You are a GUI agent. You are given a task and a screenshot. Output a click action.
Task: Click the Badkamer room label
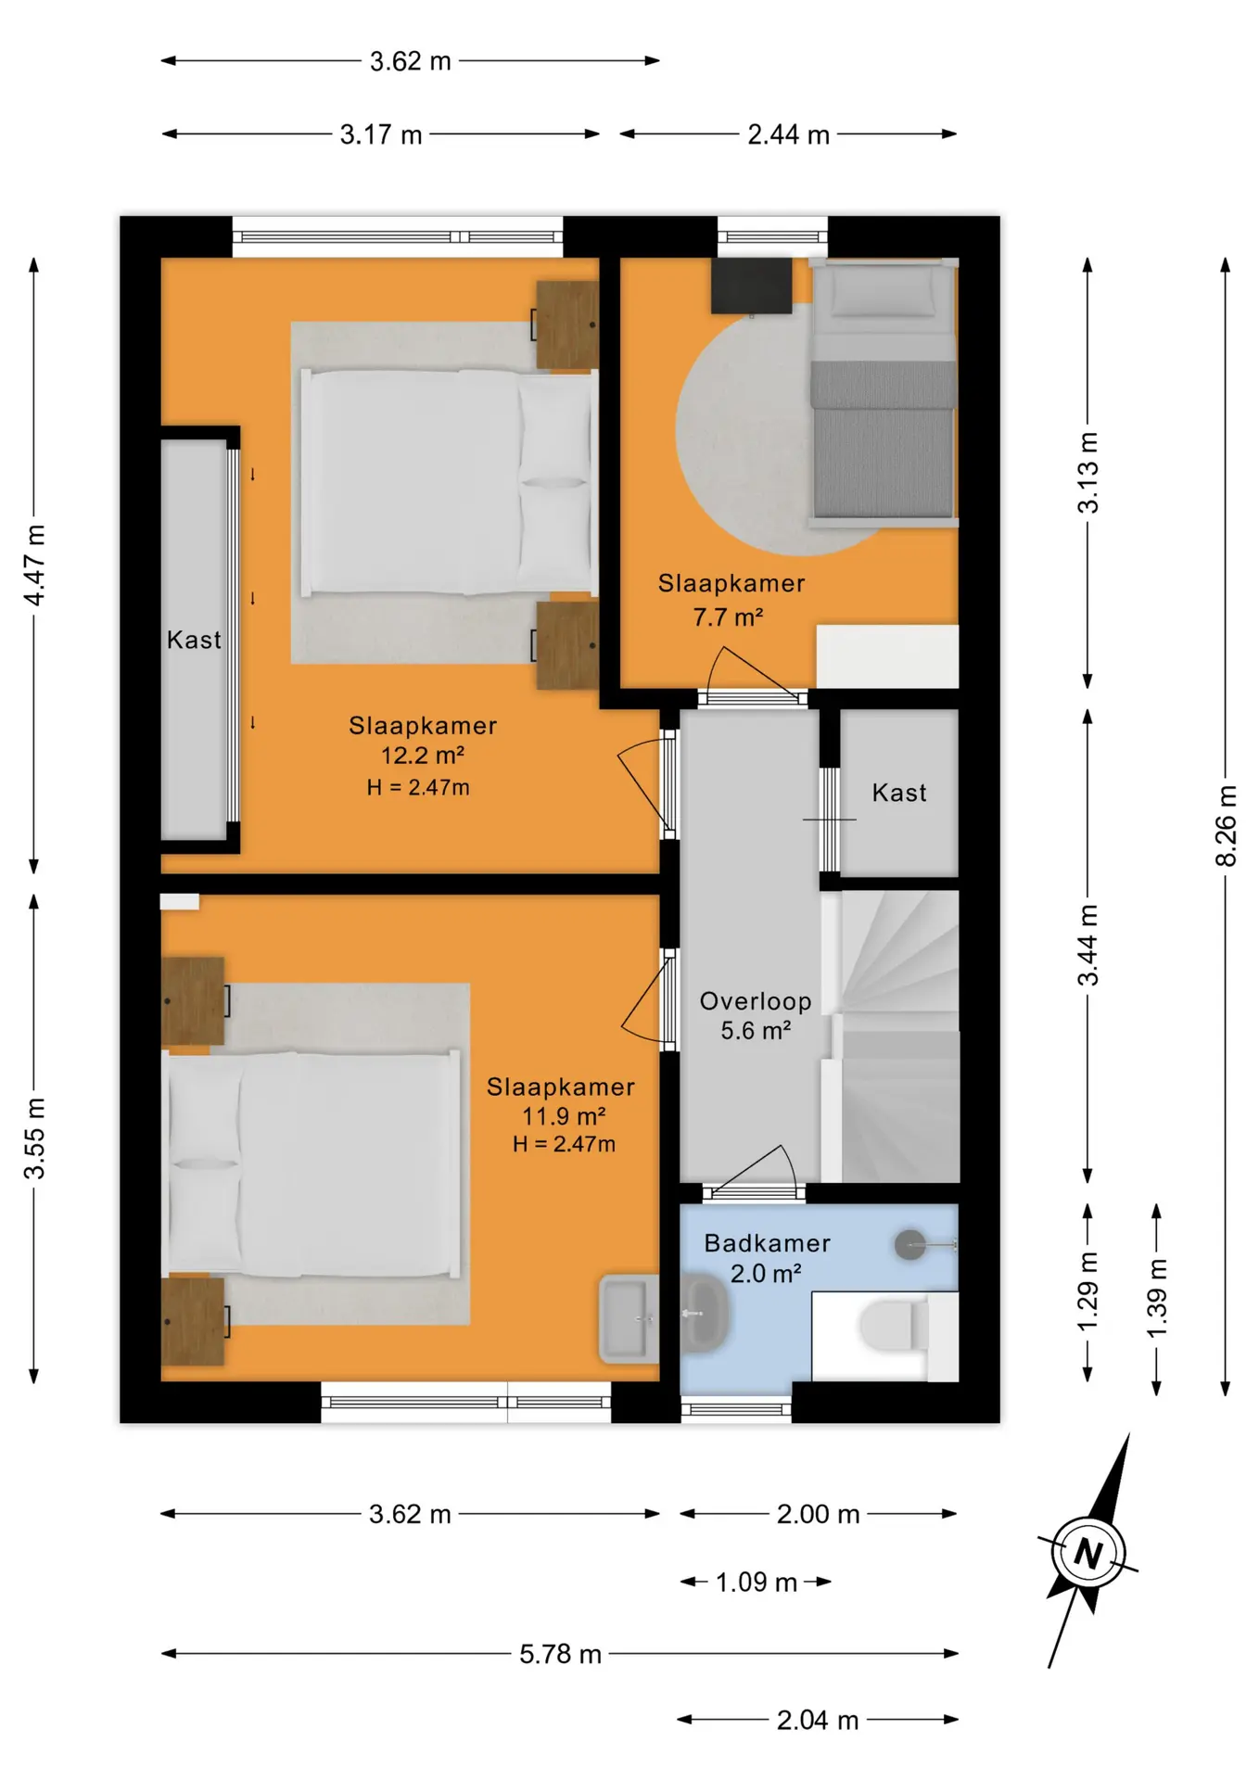click(x=767, y=1243)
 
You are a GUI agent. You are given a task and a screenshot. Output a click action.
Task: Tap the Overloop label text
click(x=756, y=1001)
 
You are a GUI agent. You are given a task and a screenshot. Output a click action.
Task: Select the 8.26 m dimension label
click(x=1226, y=826)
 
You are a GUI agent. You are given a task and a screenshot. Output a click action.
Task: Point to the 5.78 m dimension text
click(x=560, y=1654)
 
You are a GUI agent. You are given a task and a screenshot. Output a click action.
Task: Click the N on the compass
click(x=1088, y=1553)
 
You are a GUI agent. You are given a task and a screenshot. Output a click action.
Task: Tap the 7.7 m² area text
click(x=728, y=617)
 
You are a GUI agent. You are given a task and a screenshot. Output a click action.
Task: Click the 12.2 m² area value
click(x=423, y=756)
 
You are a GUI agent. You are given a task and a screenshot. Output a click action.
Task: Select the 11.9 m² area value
click(x=564, y=1116)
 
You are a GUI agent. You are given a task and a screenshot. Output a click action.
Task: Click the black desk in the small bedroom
click(x=752, y=286)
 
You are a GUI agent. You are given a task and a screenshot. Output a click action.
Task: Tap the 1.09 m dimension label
click(x=756, y=1582)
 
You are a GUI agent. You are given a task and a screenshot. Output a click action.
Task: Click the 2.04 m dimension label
click(x=818, y=1721)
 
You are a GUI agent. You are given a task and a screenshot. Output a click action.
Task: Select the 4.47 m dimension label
click(x=34, y=566)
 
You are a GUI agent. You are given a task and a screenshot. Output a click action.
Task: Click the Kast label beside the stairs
click(x=899, y=793)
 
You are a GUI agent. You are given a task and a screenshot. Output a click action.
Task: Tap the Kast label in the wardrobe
click(x=194, y=640)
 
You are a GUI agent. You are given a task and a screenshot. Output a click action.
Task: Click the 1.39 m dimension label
click(x=1157, y=1298)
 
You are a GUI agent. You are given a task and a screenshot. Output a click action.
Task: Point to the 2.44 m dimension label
click(x=788, y=134)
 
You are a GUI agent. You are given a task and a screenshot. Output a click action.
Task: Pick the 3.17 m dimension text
click(x=381, y=134)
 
